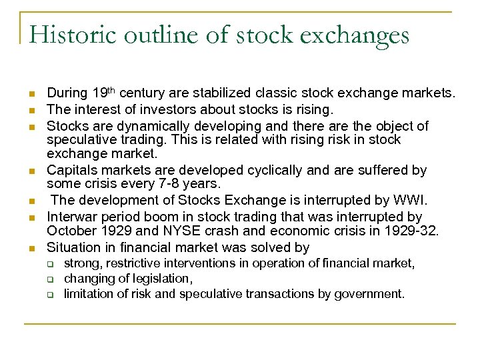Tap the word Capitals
pos(73,171)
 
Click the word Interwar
pos(72,217)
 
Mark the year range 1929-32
pos(414,231)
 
